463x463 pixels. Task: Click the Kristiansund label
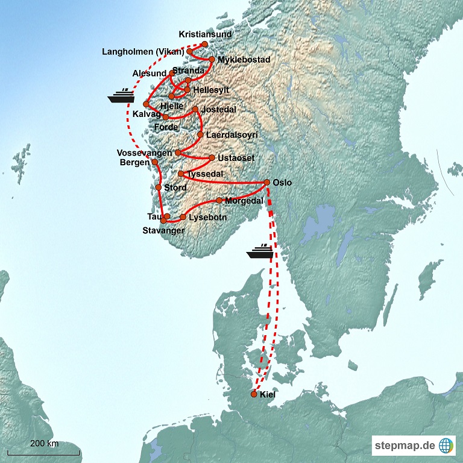click(205, 34)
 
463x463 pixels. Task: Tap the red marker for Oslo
click(266, 182)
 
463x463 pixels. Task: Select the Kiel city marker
click(254, 394)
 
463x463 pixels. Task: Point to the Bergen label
click(134, 163)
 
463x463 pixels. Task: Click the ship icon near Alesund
click(121, 95)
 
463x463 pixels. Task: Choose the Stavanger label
click(163, 230)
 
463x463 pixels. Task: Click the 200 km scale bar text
click(45, 444)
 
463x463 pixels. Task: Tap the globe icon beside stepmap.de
click(446, 446)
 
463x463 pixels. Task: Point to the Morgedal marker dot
click(219, 200)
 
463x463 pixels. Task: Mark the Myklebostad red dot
click(212, 59)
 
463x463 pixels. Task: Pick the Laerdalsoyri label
click(231, 135)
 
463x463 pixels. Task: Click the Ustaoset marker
click(212, 158)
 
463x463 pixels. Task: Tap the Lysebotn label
click(207, 217)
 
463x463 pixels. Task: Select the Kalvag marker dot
click(146, 104)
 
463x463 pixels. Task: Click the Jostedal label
click(219, 110)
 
